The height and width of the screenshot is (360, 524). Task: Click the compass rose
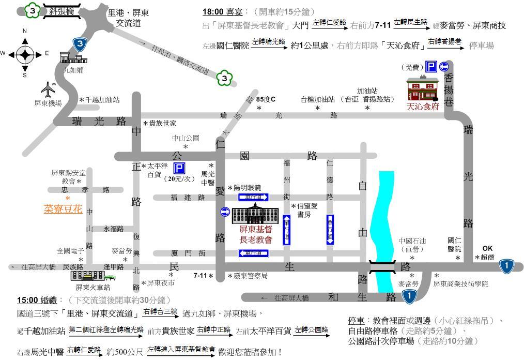(x=24, y=53)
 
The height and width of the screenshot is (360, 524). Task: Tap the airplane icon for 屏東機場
(x=48, y=89)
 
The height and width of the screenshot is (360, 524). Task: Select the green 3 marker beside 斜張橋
(x=33, y=10)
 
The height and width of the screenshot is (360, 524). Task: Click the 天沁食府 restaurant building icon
(x=422, y=89)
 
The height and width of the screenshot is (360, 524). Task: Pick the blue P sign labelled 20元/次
(x=179, y=169)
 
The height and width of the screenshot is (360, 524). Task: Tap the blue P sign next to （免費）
(x=430, y=66)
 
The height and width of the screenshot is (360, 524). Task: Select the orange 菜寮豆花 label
(x=63, y=209)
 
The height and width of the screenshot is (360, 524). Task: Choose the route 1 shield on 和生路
(x=409, y=296)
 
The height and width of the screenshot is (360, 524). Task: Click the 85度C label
(x=266, y=99)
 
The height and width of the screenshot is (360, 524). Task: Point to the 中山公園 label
(x=186, y=139)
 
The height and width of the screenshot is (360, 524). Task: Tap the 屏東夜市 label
(x=161, y=283)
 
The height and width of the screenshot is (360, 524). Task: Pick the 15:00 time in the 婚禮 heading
(x=27, y=300)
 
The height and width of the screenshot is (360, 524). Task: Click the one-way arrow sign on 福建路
(x=253, y=197)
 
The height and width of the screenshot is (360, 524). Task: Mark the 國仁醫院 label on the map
(x=455, y=244)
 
